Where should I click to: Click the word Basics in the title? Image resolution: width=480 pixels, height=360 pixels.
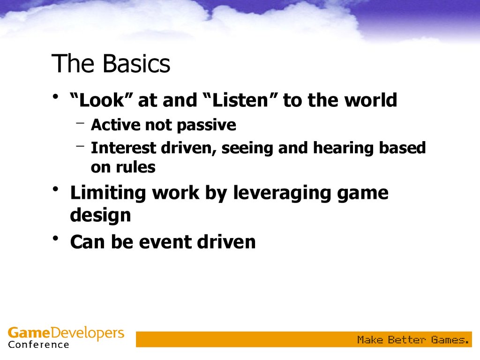tap(136, 63)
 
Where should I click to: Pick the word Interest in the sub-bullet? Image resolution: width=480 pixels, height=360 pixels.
tap(123, 148)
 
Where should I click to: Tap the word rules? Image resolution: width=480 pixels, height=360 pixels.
tap(135, 167)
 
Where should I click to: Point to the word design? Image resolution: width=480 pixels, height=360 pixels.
tap(100, 216)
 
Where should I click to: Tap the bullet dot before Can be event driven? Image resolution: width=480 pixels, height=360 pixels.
tap(55, 238)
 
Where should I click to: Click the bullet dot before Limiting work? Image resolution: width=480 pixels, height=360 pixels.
tap(55, 189)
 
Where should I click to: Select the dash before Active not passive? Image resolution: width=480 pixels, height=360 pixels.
tap(80, 123)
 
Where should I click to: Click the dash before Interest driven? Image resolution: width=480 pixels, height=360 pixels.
tap(80, 146)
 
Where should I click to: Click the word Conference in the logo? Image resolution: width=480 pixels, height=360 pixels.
tap(38, 345)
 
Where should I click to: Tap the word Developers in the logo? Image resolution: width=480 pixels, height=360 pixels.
tap(87, 333)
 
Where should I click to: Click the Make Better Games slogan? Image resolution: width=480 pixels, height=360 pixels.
tap(413, 340)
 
